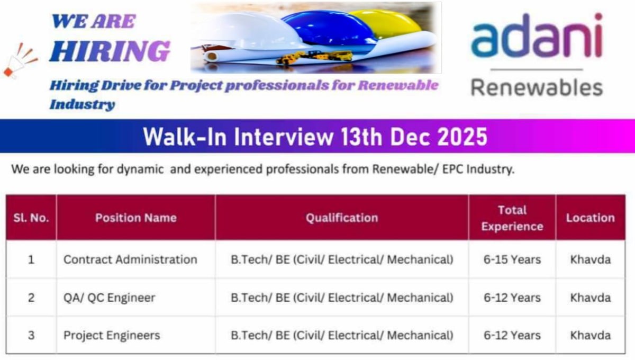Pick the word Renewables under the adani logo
[537, 87]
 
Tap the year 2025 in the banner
[460, 137]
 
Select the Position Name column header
[135, 218]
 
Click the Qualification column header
[342, 218]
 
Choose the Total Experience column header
[512, 218]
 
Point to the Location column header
[590, 218]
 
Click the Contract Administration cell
[130, 259]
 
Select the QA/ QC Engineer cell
[110, 298]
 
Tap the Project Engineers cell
[112, 335]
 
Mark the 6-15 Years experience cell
[512, 259]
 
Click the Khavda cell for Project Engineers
[590, 335]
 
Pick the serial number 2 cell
[31, 298]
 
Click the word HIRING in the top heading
[110, 51]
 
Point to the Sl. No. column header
[31, 218]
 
